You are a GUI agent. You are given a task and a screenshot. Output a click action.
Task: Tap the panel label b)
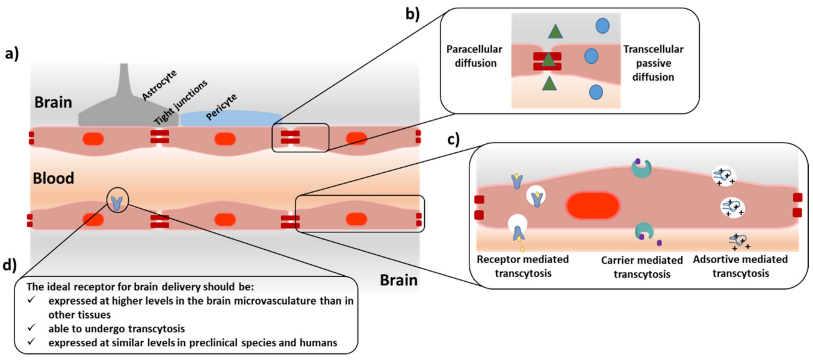pyautogui.click(x=412, y=14)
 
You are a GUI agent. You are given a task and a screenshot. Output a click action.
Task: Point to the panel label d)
pyautogui.click(x=9, y=265)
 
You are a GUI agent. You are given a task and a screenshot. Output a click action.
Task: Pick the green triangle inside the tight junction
pyautogui.click(x=548, y=60)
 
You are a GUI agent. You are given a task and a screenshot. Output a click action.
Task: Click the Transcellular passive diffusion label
pyautogui.click(x=653, y=63)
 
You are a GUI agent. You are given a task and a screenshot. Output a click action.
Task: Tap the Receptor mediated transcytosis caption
pyautogui.click(x=523, y=266)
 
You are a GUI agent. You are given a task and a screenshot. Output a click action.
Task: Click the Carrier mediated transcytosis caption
pyautogui.click(x=642, y=267)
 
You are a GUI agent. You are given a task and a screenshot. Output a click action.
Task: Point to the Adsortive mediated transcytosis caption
pyautogui.click(x=740, y=266)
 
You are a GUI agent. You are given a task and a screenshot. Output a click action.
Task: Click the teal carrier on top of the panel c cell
pyautogui.click(x=641, y=168)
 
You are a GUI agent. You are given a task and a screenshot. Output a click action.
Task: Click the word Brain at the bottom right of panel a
pyautogui.click(x=398, y=280)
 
